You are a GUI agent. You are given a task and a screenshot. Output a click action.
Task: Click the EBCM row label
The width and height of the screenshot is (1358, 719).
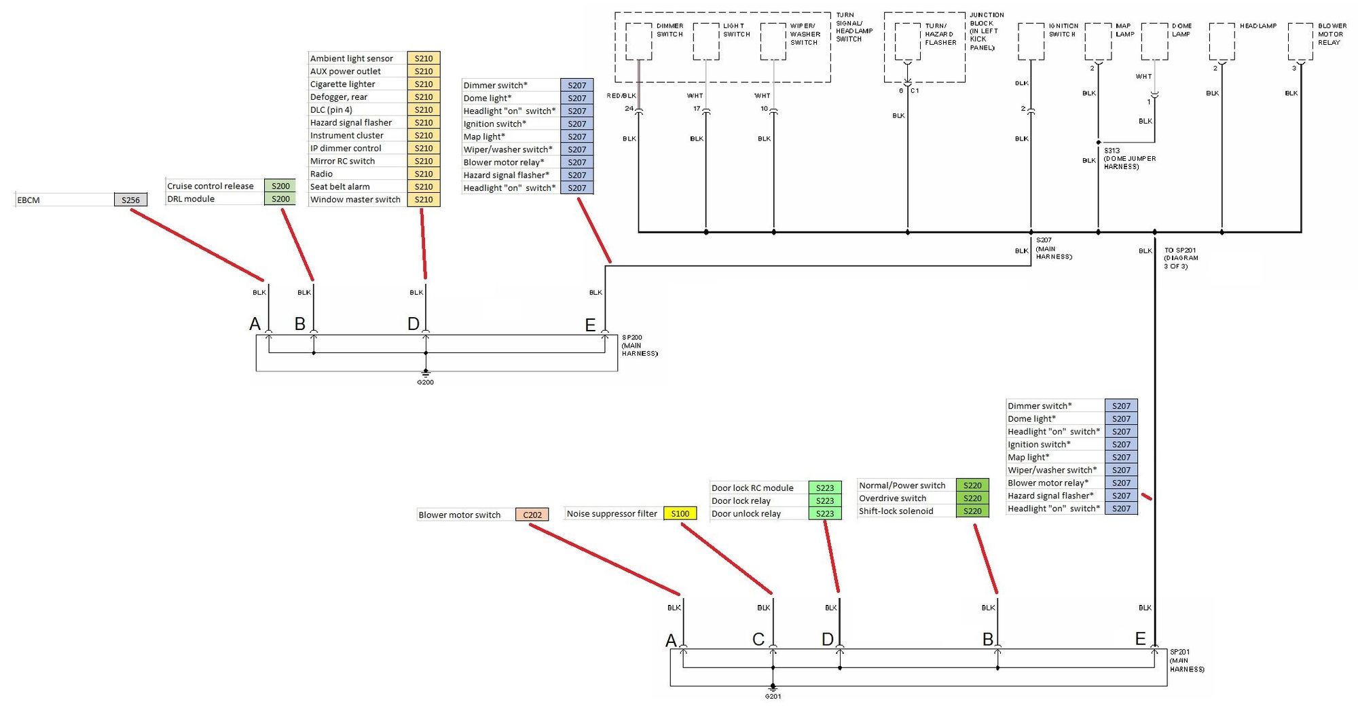pyautogui.click(x=29, y=200)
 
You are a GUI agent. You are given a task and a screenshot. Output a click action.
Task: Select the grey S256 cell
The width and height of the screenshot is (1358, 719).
pyautogui.click(x=130, y=200)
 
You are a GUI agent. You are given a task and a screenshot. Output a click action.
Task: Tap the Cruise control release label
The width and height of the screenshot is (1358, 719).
pyautogui.click(x=210, y=186)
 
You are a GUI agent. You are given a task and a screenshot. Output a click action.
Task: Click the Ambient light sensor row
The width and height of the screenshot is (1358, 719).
pyautogui.click(x=352, y=58)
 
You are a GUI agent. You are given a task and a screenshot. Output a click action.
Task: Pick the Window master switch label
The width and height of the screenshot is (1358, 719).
pyautogui.click(x=355, y=200)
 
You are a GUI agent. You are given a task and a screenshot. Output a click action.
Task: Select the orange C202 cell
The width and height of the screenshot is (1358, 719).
pyautogui.click(x=532, y=515)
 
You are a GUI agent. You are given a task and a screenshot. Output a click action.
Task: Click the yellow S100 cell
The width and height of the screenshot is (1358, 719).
pyautogui.click(x=680, y=514)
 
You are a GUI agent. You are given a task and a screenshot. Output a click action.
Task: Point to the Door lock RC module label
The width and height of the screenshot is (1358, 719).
pyautogui.click(x=752, y=488)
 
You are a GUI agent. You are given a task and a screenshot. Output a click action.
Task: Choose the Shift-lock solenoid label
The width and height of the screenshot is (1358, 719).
pyautogui.click(x=896, y=511)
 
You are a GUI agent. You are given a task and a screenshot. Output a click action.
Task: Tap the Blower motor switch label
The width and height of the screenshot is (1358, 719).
pyautogui.click(x=459, y=515)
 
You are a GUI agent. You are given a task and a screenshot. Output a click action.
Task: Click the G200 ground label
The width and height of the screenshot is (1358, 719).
pyautogui.click(x=425, y=382)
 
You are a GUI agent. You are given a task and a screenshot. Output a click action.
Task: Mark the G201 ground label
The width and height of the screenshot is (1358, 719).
pyautogui.click(x=773, y=696)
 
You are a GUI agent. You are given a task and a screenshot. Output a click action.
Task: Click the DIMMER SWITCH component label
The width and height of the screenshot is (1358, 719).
pyautogui.click(x=669, y=30)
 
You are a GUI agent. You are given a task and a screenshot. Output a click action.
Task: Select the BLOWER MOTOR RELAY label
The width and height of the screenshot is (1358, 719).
pyautogui.click(x=1332, y=34)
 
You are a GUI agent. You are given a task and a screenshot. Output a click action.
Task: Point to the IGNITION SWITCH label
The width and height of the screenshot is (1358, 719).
pyautogui.click(x=1063, y=30)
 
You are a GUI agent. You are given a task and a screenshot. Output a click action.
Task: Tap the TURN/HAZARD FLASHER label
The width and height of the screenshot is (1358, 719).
pyautogui.click(x=940, y=34)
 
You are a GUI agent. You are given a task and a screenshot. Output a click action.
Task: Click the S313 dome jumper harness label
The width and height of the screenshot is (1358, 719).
pyautogui.click(x=1129, y=158)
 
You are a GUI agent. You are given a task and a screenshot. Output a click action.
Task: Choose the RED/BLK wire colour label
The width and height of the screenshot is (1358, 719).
pyautogui.click(x=621, y=96)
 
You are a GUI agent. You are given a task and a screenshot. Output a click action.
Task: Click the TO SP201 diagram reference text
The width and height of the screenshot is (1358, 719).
pyautogui.click(x=1181, y=258)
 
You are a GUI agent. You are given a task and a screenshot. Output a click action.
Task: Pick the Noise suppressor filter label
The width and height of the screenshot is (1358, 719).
pyautogui.click(x=612, y=514)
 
